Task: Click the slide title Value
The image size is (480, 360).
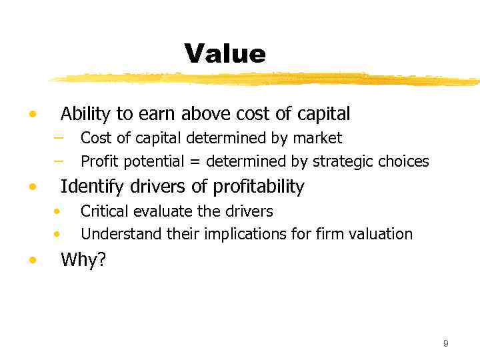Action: tap(225, 53)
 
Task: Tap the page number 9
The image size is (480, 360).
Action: tap(445, 343)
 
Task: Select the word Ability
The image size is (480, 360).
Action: tap(85, 114)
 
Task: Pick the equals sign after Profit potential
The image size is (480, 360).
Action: tap(195, 162)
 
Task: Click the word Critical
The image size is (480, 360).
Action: tap(104, 212)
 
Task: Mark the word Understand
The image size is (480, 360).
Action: tap(117, 234)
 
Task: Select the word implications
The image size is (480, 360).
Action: tap(233, 234)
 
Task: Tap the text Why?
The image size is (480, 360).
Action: tap(83, 260)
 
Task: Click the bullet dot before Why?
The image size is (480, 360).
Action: tap(32, 261)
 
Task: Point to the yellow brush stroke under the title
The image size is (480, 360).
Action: tap(267, 79)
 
